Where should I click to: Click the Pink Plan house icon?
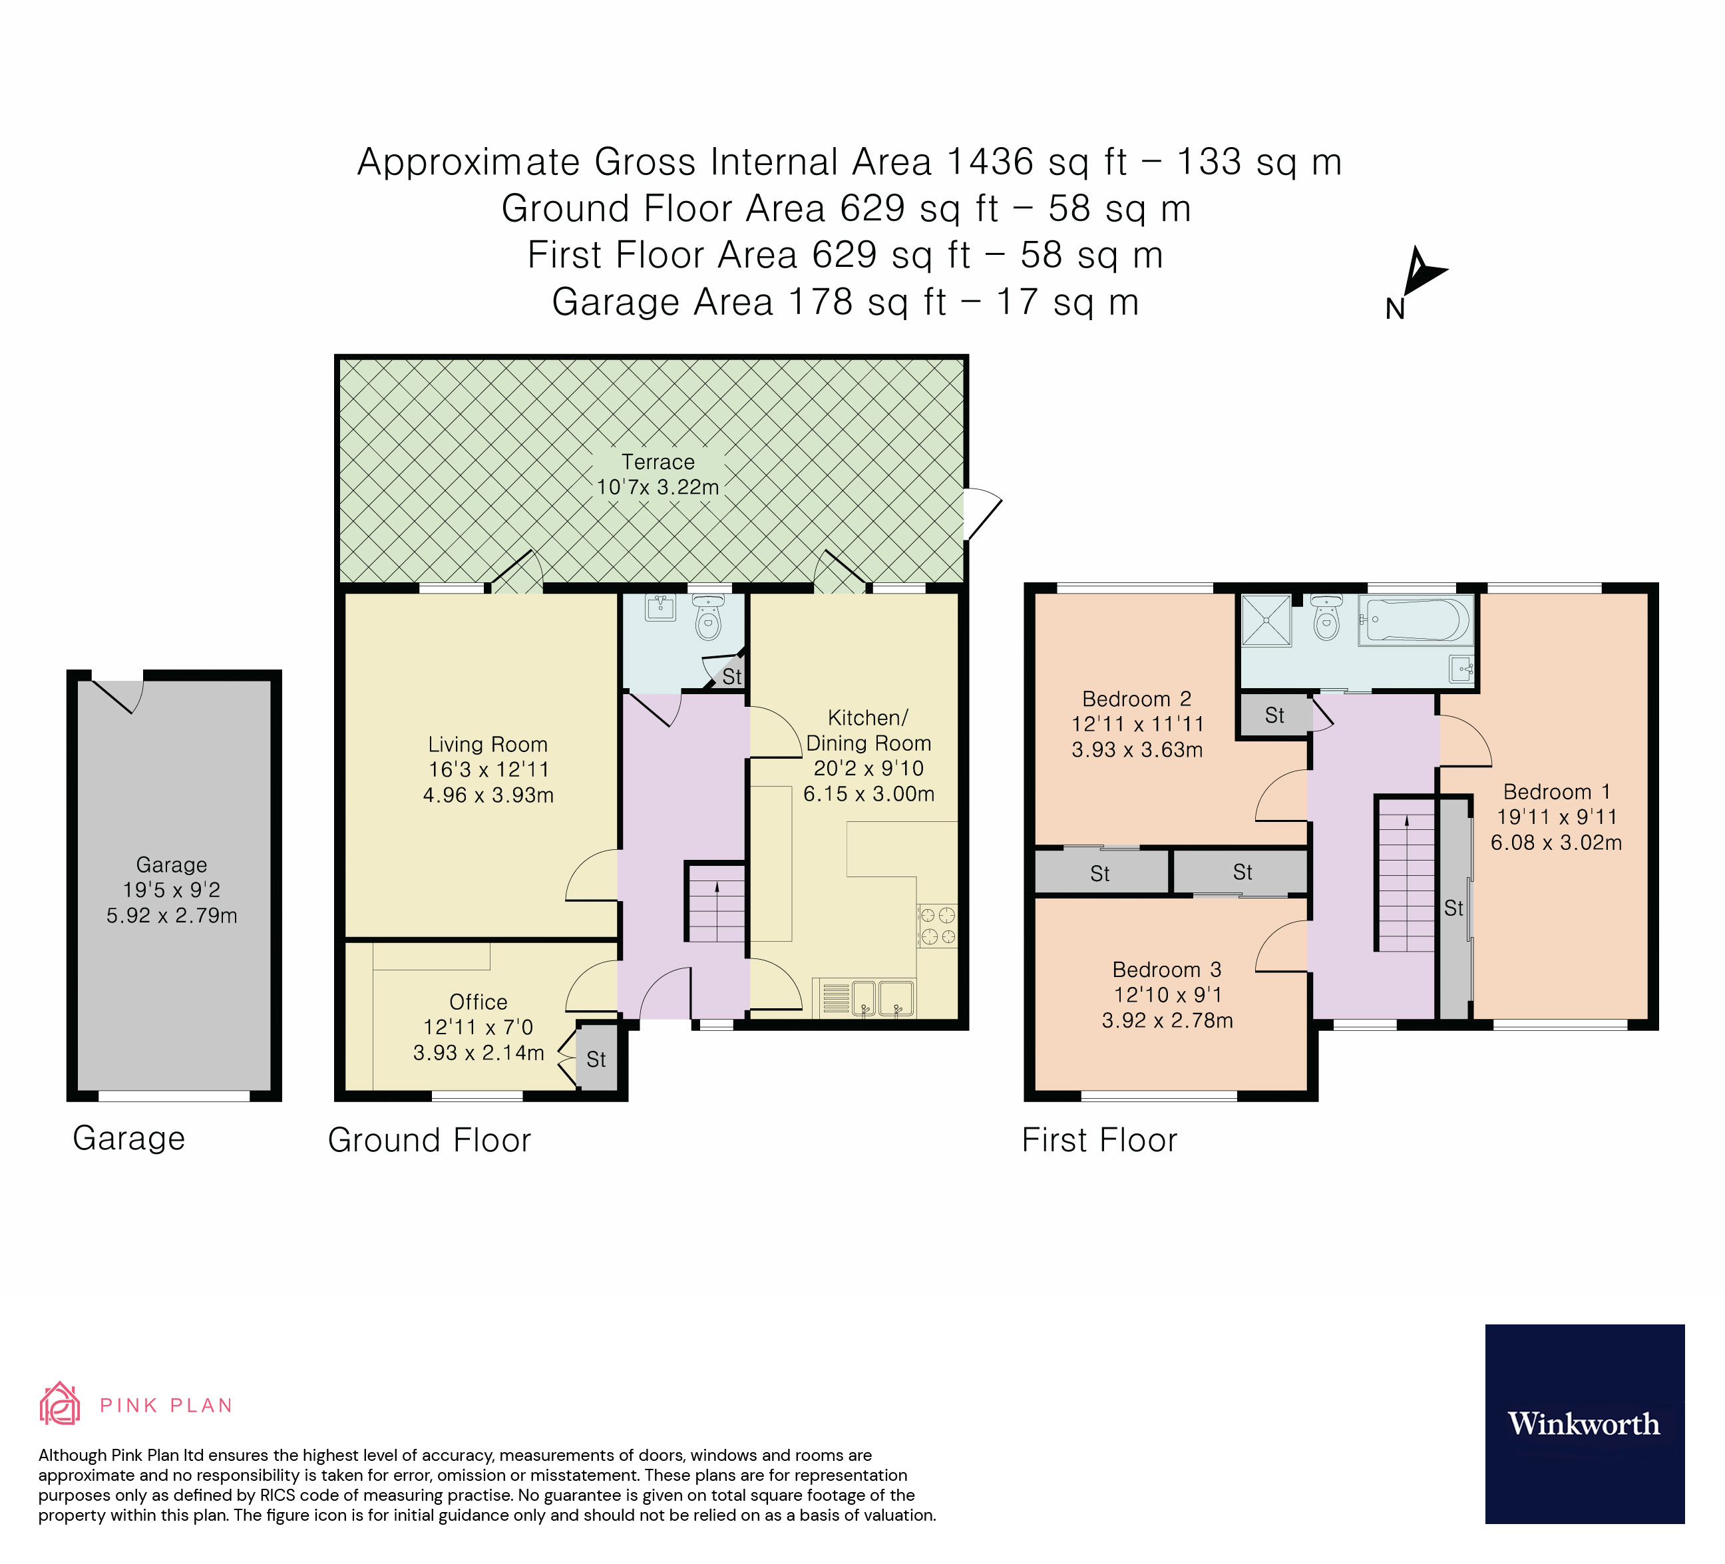pyautogui.click(x=60, y=1404)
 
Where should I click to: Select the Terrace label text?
pyautogui.click(x=657, y=462)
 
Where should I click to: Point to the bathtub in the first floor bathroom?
pyautogui.click(x=1414, y=620)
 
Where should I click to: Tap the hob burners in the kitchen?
pyautogui.click(x=937, y=926)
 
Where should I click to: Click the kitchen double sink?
pyautogui.click(x=881, y=998)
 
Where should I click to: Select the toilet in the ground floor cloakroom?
pyautogui.click(x=709, y=618)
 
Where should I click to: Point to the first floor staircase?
pyautogui.click(x=1406, y=875)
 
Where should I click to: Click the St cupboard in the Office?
pyautogui.click(x=596, y=1060)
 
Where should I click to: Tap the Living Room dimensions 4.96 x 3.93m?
pyautogui.click(x=488, y=795)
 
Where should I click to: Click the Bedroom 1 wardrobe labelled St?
pyautogui.click(x=1453, y=908)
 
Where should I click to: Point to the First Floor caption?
pyautogui.click(x=1099, y=1141)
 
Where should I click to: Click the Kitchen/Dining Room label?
pyautogui.click(x=868, y=730)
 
